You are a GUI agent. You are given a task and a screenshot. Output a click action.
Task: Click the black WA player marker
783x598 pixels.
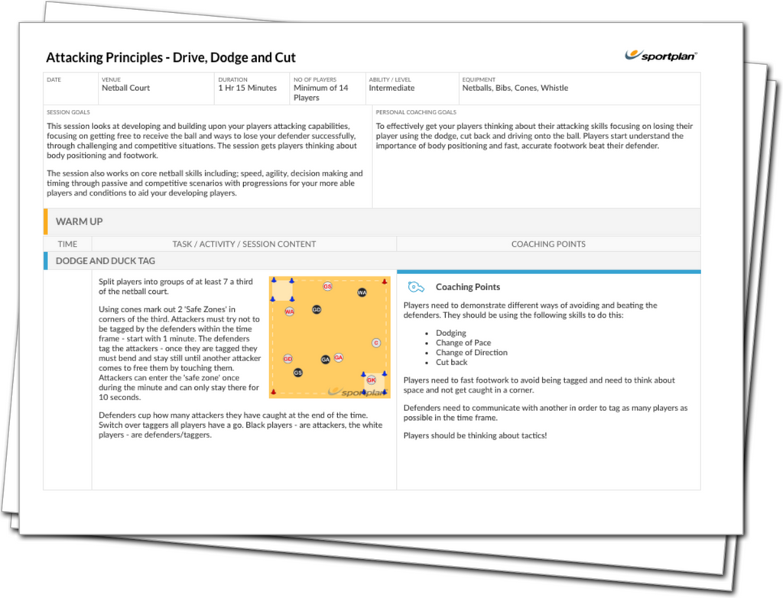362,293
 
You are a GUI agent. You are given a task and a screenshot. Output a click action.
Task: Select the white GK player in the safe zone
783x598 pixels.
371,380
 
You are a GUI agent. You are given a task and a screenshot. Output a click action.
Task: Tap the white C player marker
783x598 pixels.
376,343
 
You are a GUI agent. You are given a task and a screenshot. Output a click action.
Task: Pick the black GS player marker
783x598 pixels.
297,373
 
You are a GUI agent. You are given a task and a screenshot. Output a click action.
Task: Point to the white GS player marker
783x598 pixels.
327,286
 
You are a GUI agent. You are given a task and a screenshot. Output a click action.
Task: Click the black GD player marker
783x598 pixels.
317,310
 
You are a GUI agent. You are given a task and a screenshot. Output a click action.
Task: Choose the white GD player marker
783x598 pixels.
288,359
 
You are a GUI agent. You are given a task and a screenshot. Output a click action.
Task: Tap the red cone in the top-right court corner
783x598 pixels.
385,282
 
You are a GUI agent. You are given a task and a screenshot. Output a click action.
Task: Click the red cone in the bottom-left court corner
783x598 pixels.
273,392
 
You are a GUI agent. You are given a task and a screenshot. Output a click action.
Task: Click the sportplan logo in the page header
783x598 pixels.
661,55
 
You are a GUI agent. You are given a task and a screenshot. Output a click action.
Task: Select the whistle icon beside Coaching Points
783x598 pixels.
415,287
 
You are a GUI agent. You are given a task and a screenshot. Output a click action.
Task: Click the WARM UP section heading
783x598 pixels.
79,221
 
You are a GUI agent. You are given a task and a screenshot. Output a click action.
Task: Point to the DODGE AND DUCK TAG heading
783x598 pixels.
106,261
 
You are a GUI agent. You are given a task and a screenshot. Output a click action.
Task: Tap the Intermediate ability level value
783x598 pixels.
391,88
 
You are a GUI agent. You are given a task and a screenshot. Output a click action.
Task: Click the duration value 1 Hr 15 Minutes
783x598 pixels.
247,88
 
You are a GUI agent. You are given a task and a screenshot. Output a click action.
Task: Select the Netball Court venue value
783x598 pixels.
126,88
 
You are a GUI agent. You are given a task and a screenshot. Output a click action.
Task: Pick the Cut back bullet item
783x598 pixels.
451,362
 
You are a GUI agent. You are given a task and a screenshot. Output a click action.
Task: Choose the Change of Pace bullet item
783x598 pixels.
463,343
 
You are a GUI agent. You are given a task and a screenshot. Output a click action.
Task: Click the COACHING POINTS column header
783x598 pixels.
548,244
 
